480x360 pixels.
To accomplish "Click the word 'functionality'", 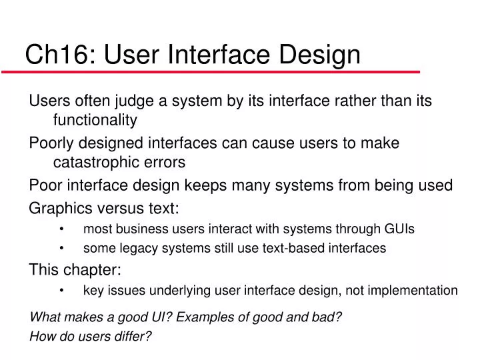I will point(95,120).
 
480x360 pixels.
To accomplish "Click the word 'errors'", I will point(166,162).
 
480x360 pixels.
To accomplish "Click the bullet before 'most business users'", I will point(61,229).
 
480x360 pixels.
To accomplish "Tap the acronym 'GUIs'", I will point(399,229).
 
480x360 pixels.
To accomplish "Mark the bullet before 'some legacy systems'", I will point(61,249).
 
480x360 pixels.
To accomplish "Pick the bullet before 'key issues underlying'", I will point(61,291).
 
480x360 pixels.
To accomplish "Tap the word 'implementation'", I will point(416,291).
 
